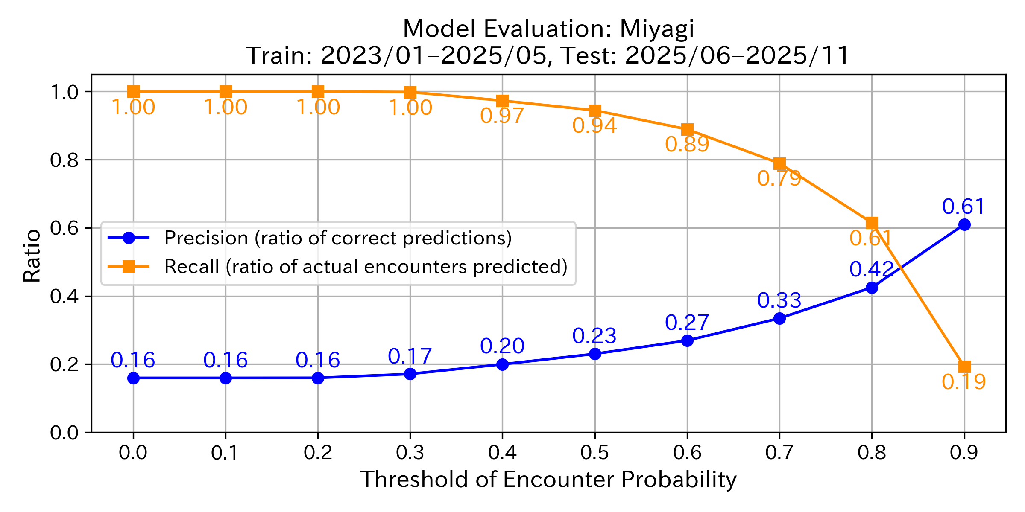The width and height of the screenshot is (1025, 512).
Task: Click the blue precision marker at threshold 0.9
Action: point(964,224)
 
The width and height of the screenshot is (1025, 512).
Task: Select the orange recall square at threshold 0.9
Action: point(964,367)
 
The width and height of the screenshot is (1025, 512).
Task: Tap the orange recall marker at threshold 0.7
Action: point(779,163)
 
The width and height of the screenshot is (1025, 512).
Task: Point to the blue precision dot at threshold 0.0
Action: point(133,378)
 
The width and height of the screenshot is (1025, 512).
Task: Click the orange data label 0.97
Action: point(502,116)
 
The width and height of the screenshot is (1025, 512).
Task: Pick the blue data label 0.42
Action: point(871,269)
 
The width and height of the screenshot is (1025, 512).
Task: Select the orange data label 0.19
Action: point(963,382)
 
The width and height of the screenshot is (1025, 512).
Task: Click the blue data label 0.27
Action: point(687,323)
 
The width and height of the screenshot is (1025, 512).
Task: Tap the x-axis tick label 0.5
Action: point(594,453)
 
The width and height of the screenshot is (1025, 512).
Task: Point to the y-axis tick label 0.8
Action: point(64,160)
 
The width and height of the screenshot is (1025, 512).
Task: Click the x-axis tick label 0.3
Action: point(410,453)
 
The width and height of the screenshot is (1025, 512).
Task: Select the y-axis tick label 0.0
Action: point(64,433)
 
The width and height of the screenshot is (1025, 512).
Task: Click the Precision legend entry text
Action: point(338,238)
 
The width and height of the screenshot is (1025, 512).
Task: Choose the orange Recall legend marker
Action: point(129,267)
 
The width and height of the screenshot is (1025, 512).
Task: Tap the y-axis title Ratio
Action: point(32,256)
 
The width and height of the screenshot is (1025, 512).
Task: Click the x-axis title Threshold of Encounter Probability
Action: point(548,480)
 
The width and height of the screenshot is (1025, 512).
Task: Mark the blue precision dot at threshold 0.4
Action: point(502,364)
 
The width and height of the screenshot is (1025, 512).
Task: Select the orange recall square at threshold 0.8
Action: point(872,223)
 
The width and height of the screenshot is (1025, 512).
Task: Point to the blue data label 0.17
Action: point(410,356)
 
